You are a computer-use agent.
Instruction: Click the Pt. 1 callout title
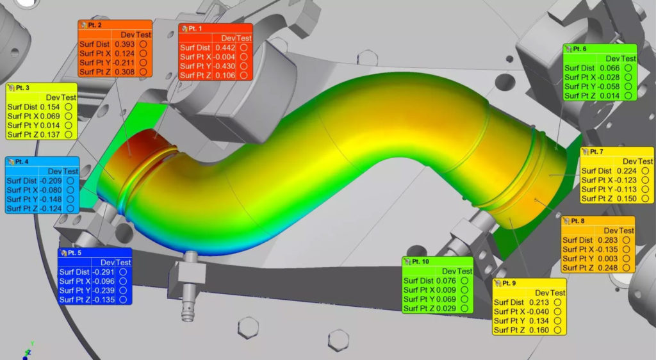pyautogui.click(x=195, y=29)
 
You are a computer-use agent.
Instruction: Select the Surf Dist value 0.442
pyautogui.click(x=225, y=47)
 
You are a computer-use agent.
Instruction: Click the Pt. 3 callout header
pyautogui.click(x=24, y=88)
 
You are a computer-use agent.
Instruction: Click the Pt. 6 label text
pyautogui.click(x=580, y=49)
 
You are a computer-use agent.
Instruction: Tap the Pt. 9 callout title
pyautogui.click(x=509, y=283)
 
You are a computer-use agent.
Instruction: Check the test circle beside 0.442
pyautogui.click(x=244, y=47)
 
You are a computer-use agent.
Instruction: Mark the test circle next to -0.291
pyautogui.click(x=124, y=272)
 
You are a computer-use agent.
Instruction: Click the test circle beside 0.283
pyautogui.click(x=627, y=240)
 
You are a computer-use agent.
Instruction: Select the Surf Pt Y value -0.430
pyautogui.click(x=224, y=66)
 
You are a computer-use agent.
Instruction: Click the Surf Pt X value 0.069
pyautogui.click(x=53, y=116)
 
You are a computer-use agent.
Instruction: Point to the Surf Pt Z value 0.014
pyautogui.click(x=609, y=95)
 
